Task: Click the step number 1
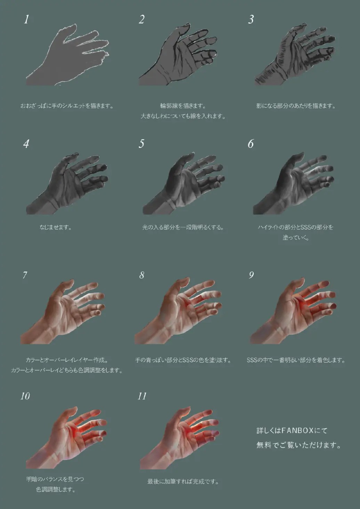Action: pos(27,19)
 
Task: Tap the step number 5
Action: pos(141,144)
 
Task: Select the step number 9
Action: pos(251,275)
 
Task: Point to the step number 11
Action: pos(142,396)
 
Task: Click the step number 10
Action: pos(25,396)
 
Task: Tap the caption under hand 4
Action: pos(56,227)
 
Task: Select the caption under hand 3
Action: pos(296,106)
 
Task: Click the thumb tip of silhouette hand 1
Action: pos(73,25)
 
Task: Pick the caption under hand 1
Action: pos(67,106)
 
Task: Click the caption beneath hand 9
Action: pos(296,360)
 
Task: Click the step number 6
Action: pos(251,144)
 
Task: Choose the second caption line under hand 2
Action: pos(183,116)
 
